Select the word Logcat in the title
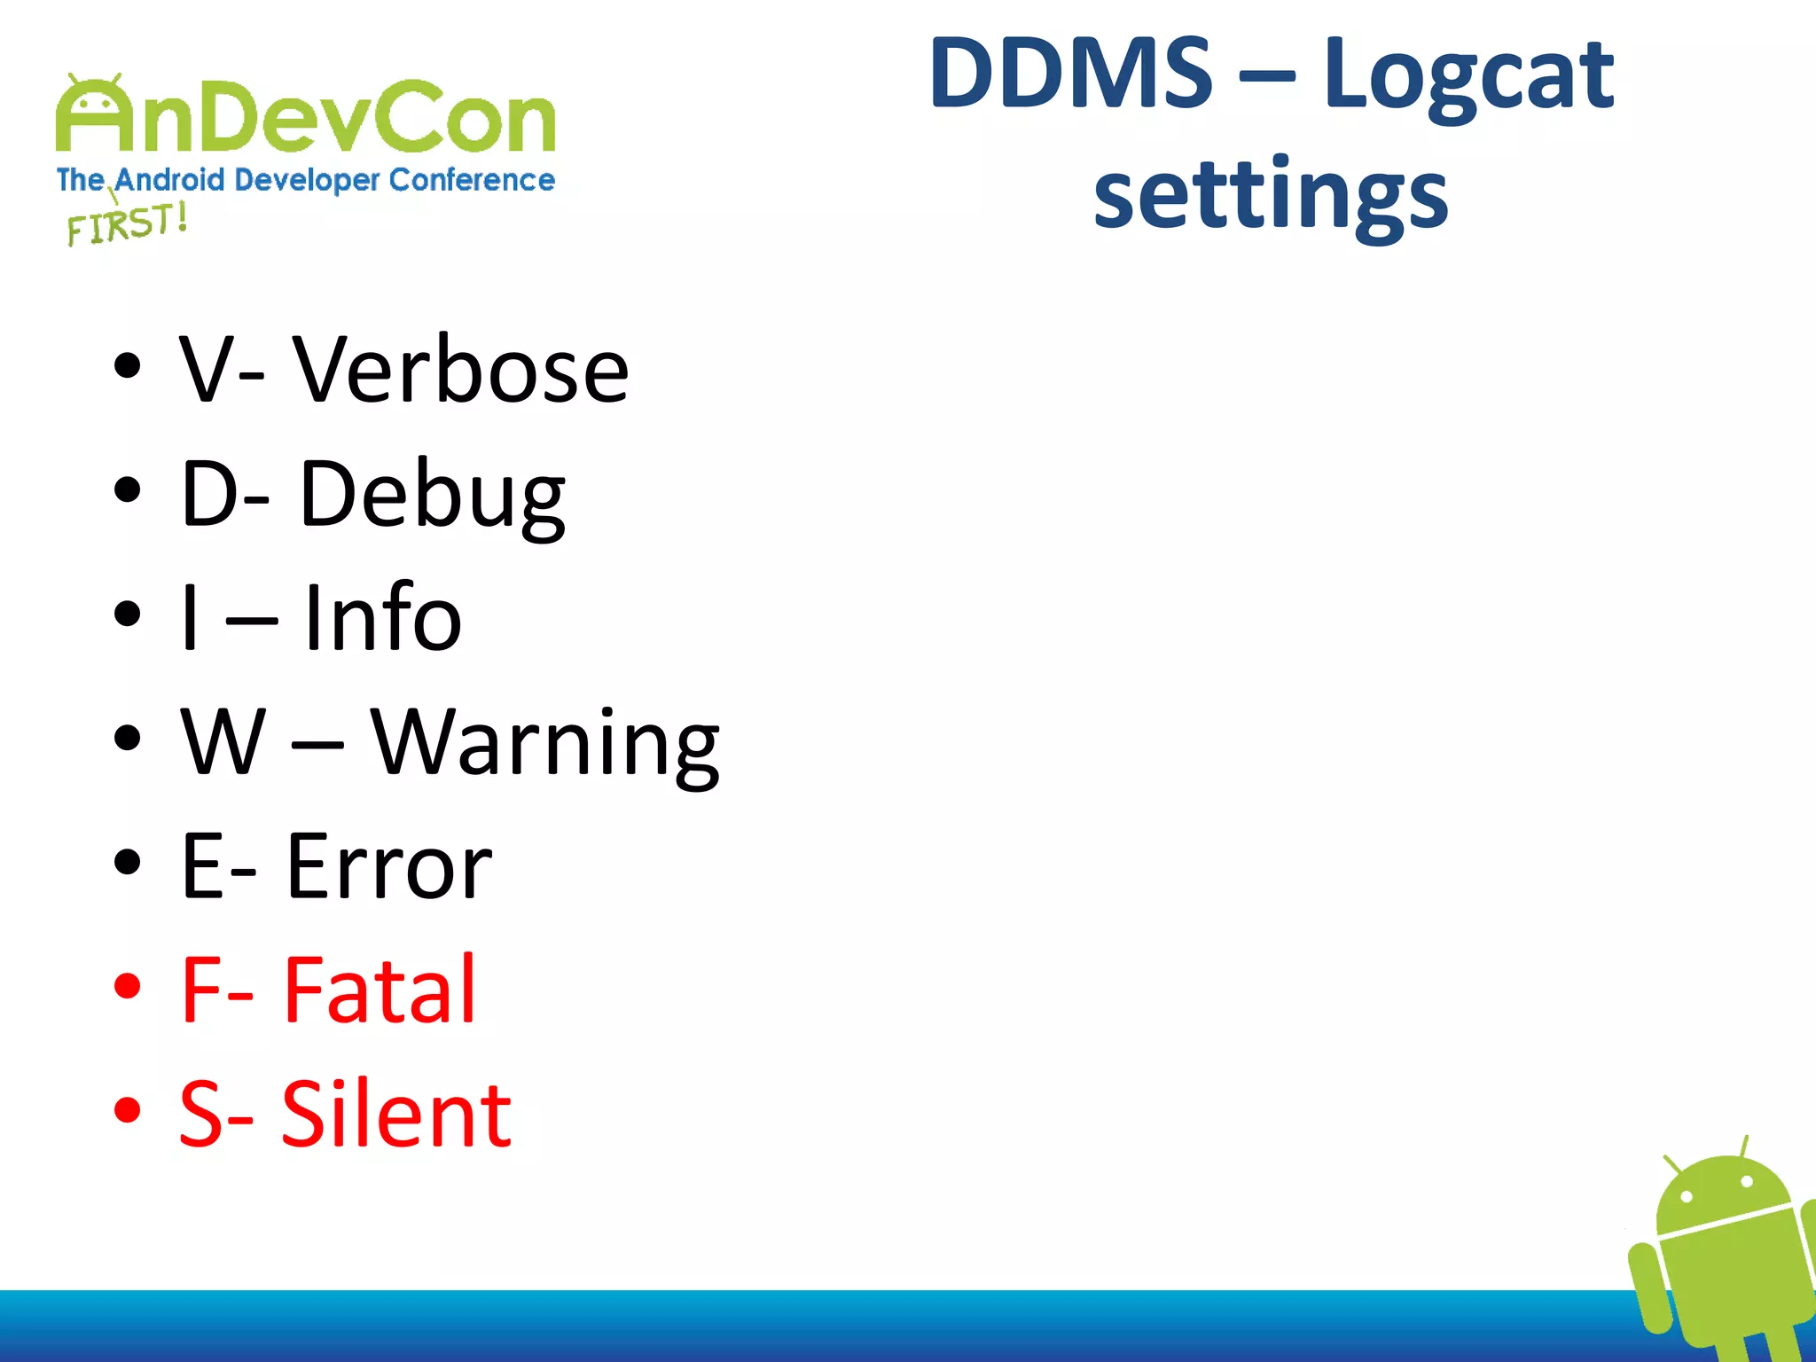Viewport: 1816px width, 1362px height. coord(1468,78)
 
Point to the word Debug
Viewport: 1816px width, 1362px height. coord(432,495)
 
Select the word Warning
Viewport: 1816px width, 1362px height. coord(544,743)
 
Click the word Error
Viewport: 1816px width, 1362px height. coord(388,866)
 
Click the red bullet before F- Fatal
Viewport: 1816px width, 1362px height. coord(128,985)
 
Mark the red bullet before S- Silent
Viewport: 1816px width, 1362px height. coord(128,1109)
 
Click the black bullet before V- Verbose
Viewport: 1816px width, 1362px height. coord(128,365)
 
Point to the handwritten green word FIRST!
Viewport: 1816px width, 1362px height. coord(127,223)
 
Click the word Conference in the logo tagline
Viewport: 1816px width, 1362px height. coord(472,180)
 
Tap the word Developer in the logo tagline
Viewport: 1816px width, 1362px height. coord(308,180)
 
